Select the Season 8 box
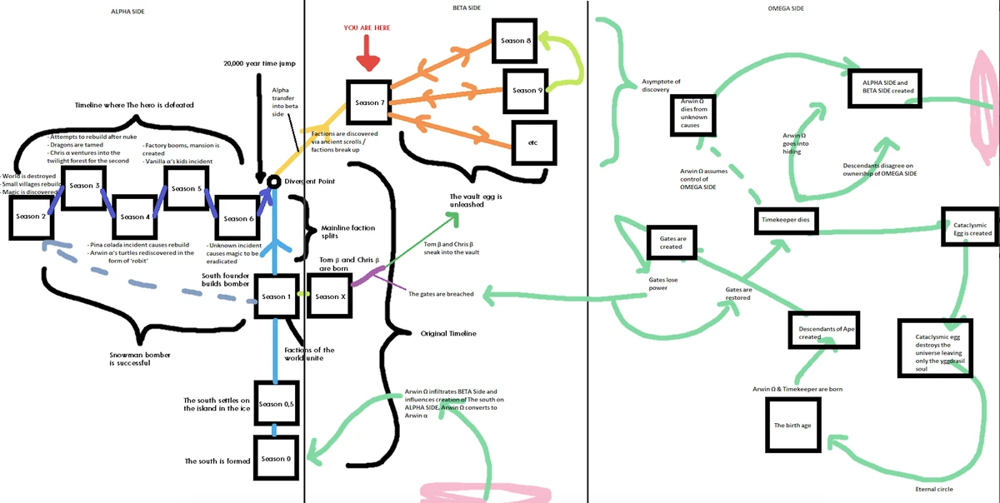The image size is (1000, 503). coord(512,41)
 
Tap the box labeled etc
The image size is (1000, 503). coord(532,142)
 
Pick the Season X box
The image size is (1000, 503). coord(327,296)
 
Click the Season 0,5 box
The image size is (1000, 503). coord(275,404)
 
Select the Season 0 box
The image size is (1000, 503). coord(275,459)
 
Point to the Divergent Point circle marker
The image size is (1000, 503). coord(272,182)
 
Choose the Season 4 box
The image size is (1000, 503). coord(133,217)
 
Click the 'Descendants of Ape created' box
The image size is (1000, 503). coord(821,331)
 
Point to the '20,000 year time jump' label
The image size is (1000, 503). coord(259,63)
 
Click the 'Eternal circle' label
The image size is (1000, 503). coord(934,489)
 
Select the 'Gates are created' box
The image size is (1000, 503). coord(672,242)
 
